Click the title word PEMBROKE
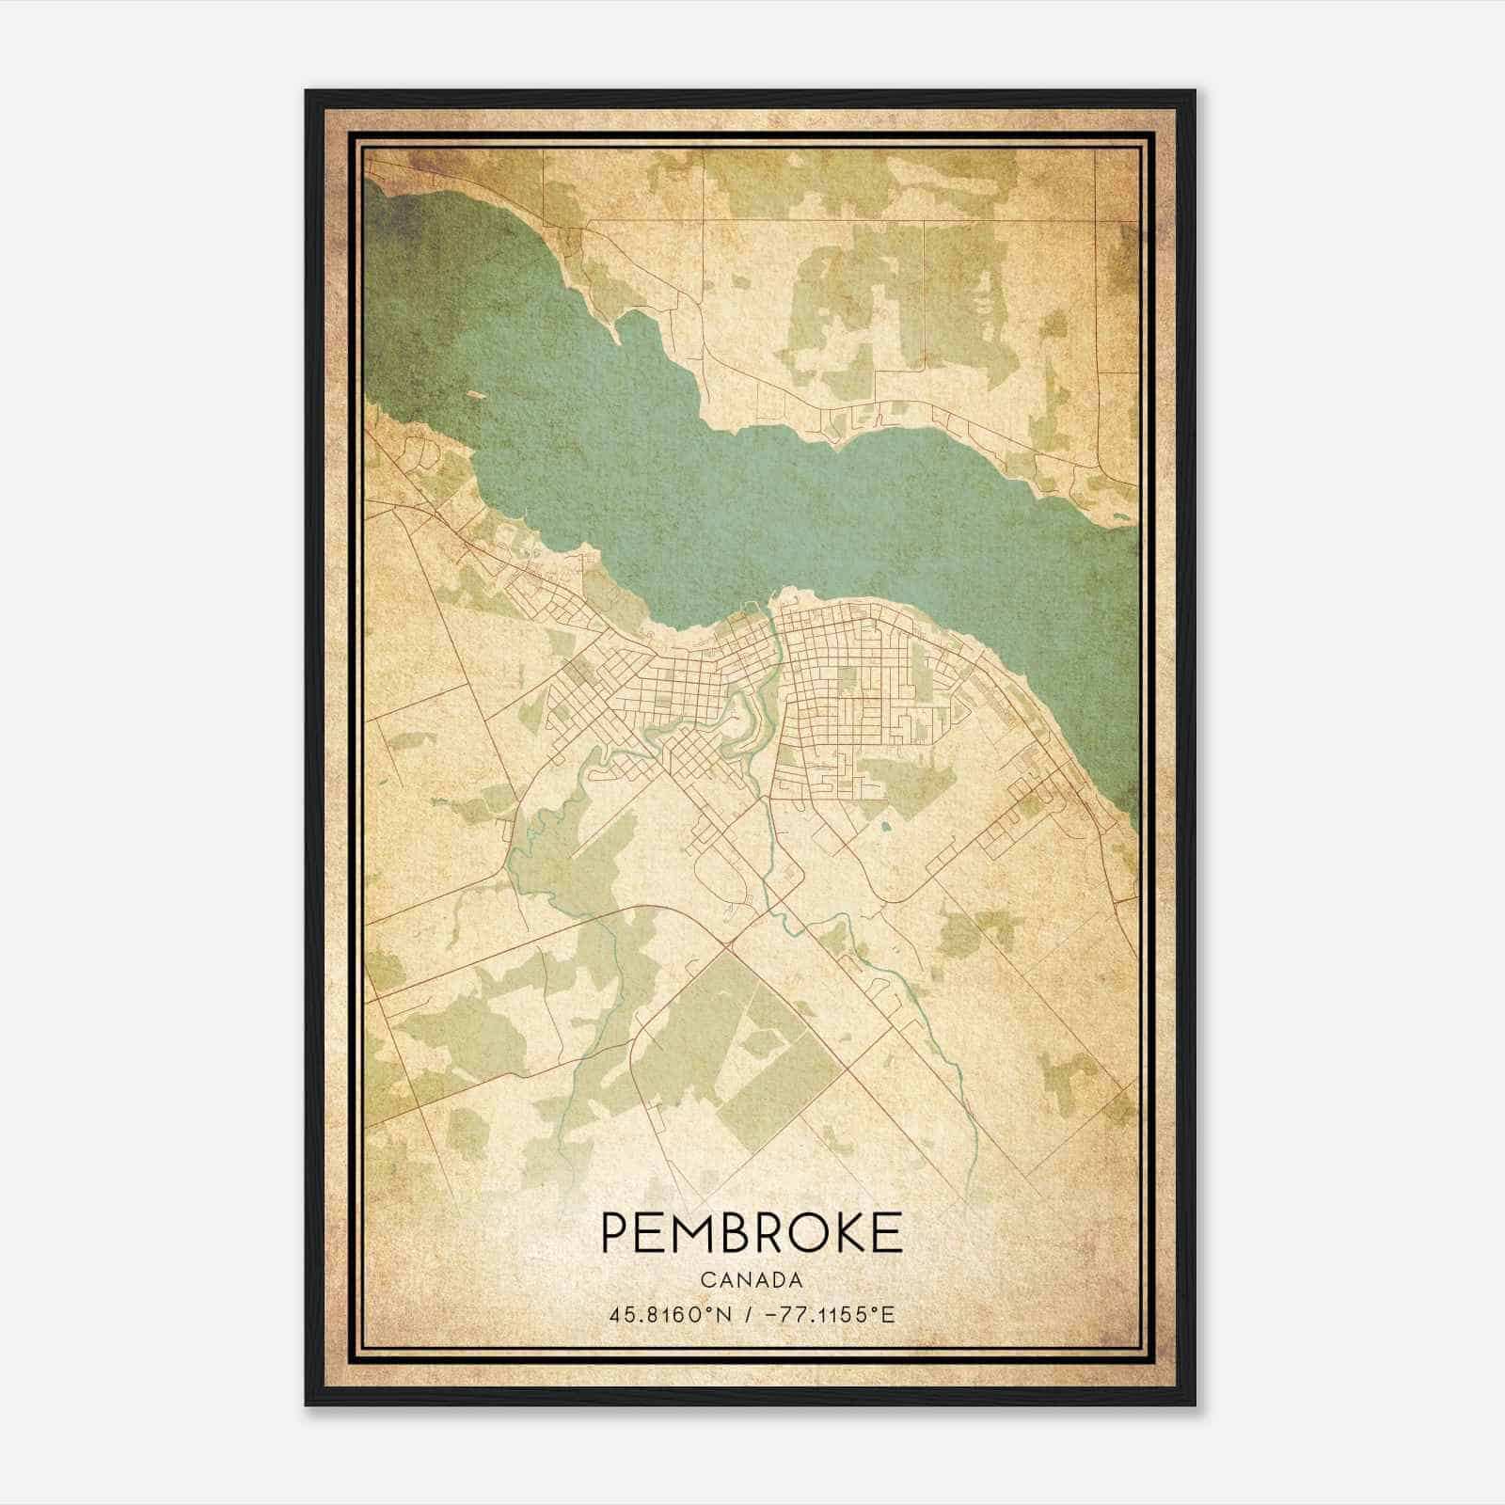coord(751,1233)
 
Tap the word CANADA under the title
coord(751,1280)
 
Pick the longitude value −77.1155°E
coord(831,1313)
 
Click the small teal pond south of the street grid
coord(885,829)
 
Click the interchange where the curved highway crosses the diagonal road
coord(729,941)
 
